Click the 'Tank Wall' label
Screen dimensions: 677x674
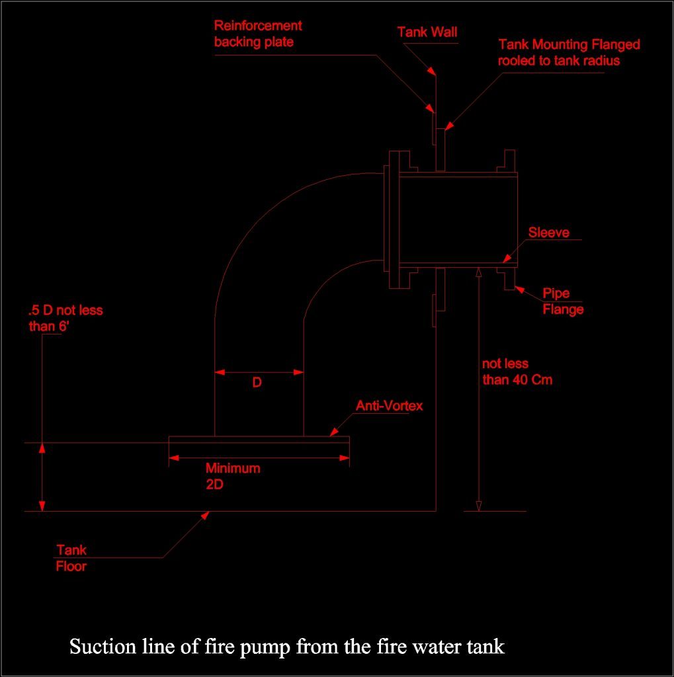427,32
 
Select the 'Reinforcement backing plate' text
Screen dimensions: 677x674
258,34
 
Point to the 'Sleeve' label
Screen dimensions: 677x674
548,233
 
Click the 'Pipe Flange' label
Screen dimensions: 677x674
563,301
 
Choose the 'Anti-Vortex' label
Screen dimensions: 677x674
389,406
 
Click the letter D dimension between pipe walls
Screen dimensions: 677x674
257,383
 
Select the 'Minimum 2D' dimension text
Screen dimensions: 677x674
232,475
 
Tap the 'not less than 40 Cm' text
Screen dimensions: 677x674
517,372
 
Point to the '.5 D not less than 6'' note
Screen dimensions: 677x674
65,317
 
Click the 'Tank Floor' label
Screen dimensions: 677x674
71,558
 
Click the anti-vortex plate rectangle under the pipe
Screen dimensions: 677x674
259,440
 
